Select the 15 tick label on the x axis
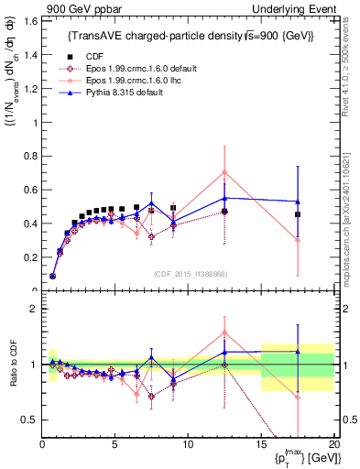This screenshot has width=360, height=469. (x=260, y=444)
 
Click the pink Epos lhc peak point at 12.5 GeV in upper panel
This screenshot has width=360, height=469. (x=224, y=172)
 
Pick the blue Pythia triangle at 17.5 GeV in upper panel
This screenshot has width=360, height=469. (x=297, y=202)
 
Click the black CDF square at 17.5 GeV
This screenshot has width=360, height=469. (x=297, y=214)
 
